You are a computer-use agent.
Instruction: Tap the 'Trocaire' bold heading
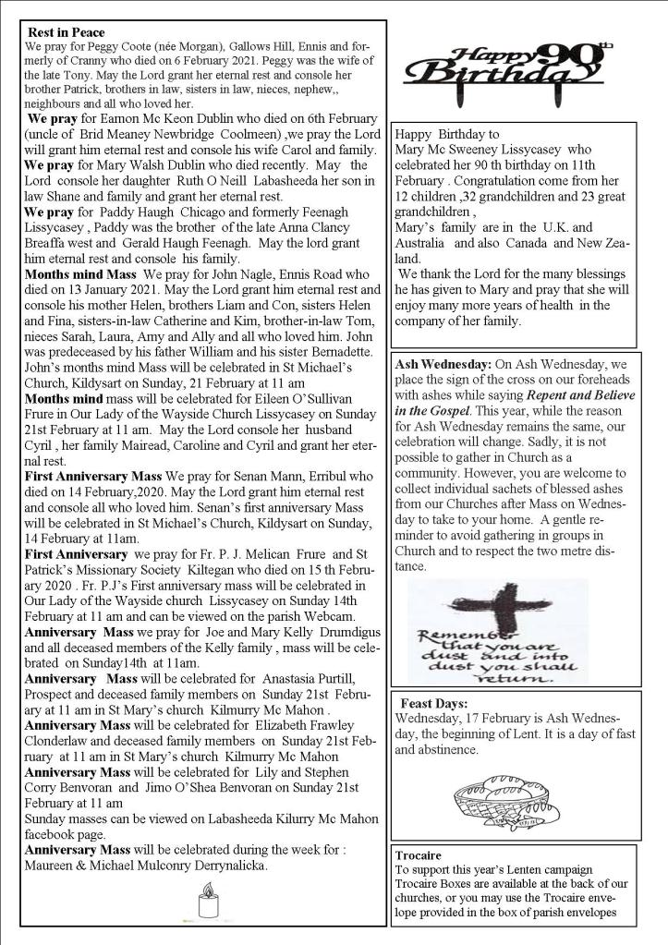coord(417,854)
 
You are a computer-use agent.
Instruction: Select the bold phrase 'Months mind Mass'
coord(81,275)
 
